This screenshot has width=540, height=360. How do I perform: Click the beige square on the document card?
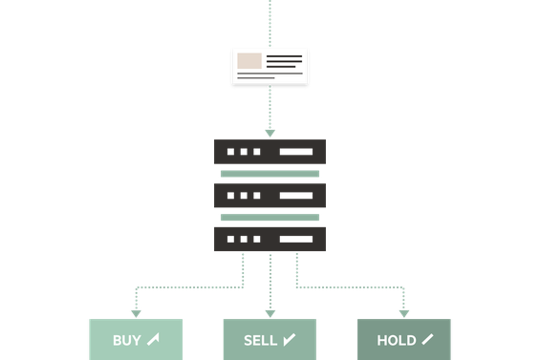click(249, 62)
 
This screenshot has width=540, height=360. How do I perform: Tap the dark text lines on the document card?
click(284, 62)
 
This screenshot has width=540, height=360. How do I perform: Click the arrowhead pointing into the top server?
click(270, 132)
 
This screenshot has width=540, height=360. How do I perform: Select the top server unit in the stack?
click(270, 152)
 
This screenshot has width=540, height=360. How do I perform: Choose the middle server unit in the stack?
click(270, 196)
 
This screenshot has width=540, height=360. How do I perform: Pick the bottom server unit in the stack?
click(270, 239)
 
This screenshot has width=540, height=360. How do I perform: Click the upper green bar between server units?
click(270, 174)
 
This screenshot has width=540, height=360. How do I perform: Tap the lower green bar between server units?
click(270, 218)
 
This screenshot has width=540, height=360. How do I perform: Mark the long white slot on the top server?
click(295, 153)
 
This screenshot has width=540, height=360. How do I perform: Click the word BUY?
click(126, 340)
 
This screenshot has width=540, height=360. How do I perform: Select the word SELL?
click(260, 340)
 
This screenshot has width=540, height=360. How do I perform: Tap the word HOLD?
click(396, 340)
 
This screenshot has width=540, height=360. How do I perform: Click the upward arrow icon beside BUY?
click(153, 339)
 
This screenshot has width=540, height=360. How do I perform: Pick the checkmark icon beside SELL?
click(289, 339)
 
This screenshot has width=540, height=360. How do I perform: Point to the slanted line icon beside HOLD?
click(426, 339)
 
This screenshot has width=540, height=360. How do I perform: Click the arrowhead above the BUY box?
click(136, 312)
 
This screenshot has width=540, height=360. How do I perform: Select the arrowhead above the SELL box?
click(270, 312)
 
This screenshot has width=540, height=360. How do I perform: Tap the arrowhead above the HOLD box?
click(404, 312)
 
